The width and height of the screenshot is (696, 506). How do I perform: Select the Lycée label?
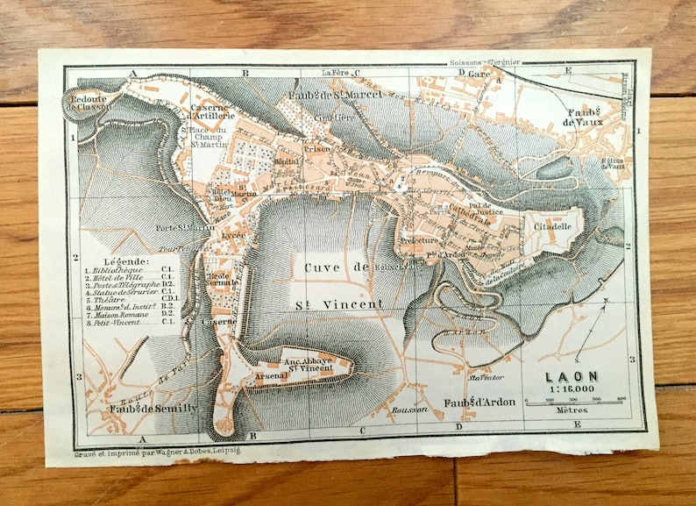233,236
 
